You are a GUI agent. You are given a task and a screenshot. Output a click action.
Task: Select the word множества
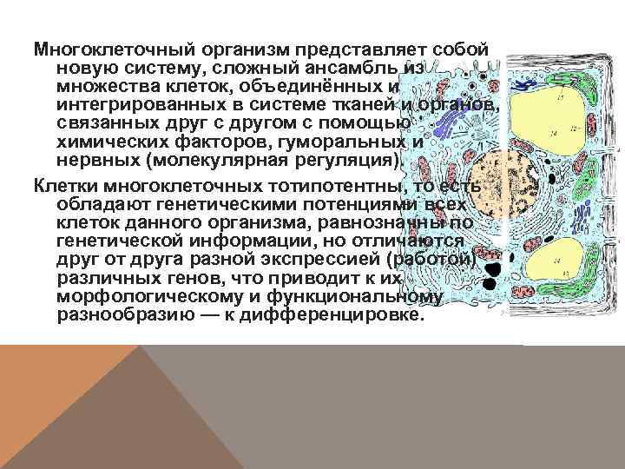(x=100, y=87)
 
